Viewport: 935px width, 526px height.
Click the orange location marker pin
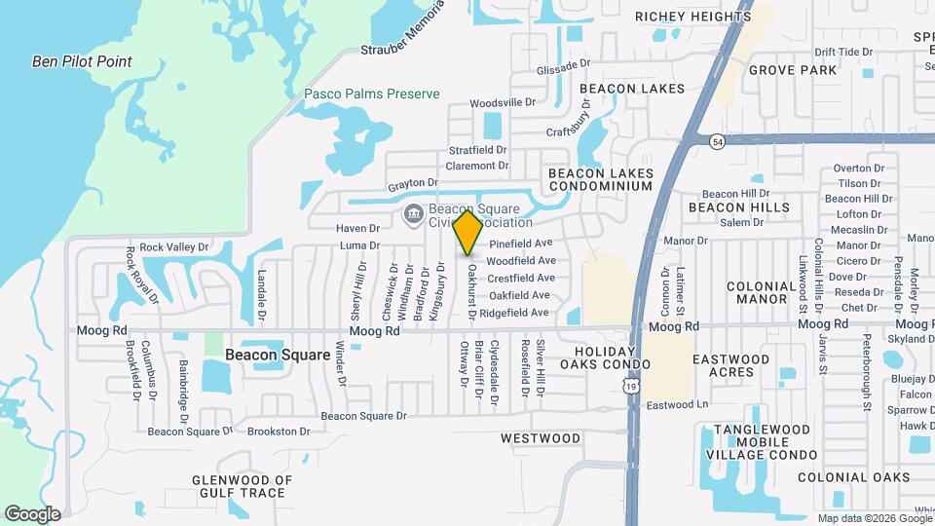point(468,233)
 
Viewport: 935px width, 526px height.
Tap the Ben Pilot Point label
point(82,61)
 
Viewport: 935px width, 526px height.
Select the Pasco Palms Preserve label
point(371,94)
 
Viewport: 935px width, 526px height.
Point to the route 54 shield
point(717,141)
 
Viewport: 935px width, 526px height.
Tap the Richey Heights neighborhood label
point(693,17)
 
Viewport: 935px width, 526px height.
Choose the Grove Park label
point(792,70)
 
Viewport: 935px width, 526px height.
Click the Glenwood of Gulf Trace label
point(243,486)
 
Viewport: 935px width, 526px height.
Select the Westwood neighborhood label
point(541,438)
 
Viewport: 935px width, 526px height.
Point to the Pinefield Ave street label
point(520,243)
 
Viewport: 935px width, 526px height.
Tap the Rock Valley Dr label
point(174,247)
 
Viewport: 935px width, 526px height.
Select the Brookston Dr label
point(279,431)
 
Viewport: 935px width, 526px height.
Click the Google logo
point(32,513)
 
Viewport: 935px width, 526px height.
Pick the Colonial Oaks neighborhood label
point(854,477)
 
